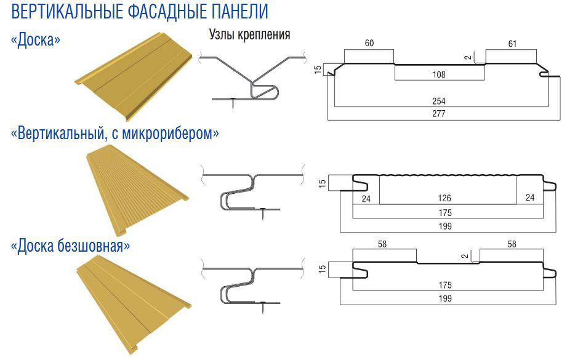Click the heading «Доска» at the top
[x=36, y=40]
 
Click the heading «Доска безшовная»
[x=71, y=246]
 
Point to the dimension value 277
[x=438, y=113]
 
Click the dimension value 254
[x=438, y=101]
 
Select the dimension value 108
[x=439, y=74]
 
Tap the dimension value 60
[x=369, y=44]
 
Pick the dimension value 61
[x=512, y=44]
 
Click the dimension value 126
[x=445, y=198]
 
